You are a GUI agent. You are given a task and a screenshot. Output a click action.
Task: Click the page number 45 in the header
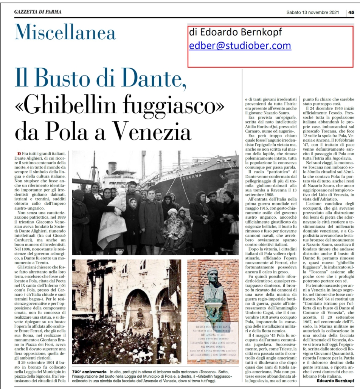tap(351, 12)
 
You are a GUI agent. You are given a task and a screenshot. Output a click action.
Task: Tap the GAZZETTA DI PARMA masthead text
tap(38, 12)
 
